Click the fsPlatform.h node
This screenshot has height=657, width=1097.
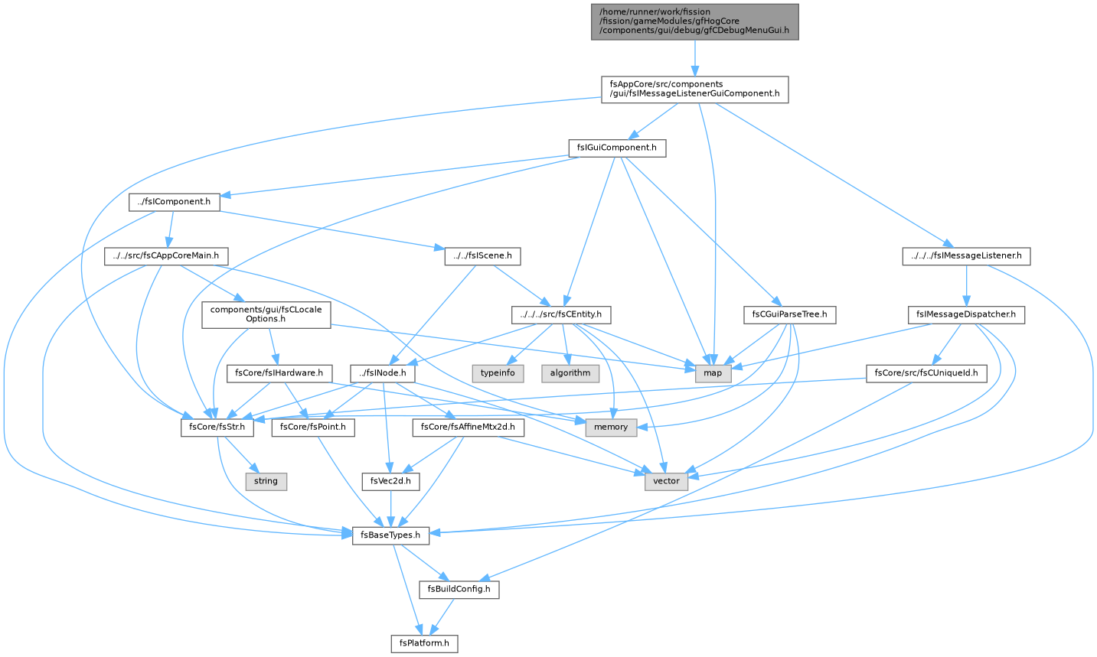(424, 643)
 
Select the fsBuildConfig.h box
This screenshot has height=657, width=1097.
(459, 589)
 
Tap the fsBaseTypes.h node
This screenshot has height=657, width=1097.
(390, 535)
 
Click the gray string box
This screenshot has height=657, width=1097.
(266, 481)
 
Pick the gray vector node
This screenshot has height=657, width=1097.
(666, 481)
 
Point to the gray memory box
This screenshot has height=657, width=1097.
(611, 428)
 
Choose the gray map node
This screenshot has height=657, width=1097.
(713, 373)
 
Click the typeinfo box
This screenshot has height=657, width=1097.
(498, 373)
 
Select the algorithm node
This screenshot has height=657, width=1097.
(570, 373)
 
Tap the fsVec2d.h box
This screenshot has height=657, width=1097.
(390, 481)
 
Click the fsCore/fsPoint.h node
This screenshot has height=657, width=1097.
(313, 428)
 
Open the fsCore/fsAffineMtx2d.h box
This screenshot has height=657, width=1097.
(469, 428)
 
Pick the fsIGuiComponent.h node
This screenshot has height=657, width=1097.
(617, 148)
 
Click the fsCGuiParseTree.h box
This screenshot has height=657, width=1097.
(789, 314)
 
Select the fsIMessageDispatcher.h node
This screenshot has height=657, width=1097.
(966, 314)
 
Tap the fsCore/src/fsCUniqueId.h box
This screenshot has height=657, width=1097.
(926, 373)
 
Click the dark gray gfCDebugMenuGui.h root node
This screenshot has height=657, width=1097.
(694, 21)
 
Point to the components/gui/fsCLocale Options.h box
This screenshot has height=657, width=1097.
(266, 314)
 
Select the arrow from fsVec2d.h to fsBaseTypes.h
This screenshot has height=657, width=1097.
(390, 509)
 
